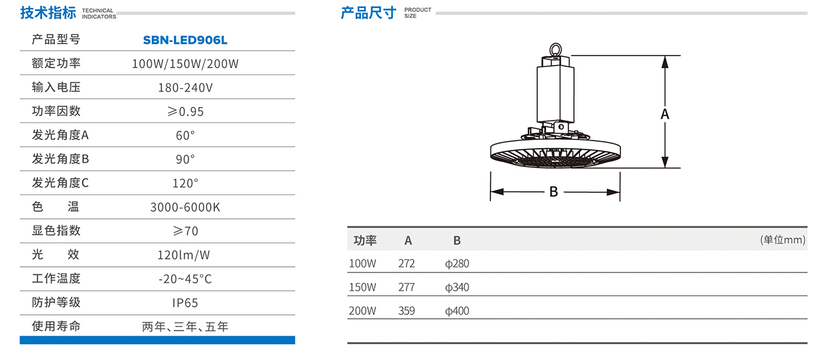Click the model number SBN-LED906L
coord(185,40)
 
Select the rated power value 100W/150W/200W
coord(185,64)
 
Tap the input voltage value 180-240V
coord(185,87)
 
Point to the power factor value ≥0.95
coord(185,111)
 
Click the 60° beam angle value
coord(185,135)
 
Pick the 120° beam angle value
coord(185,183)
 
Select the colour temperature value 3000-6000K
coord(185,207)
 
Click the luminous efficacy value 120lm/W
coord(184,255)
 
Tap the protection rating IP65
coord(185,302)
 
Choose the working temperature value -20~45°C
coord(185,279)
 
